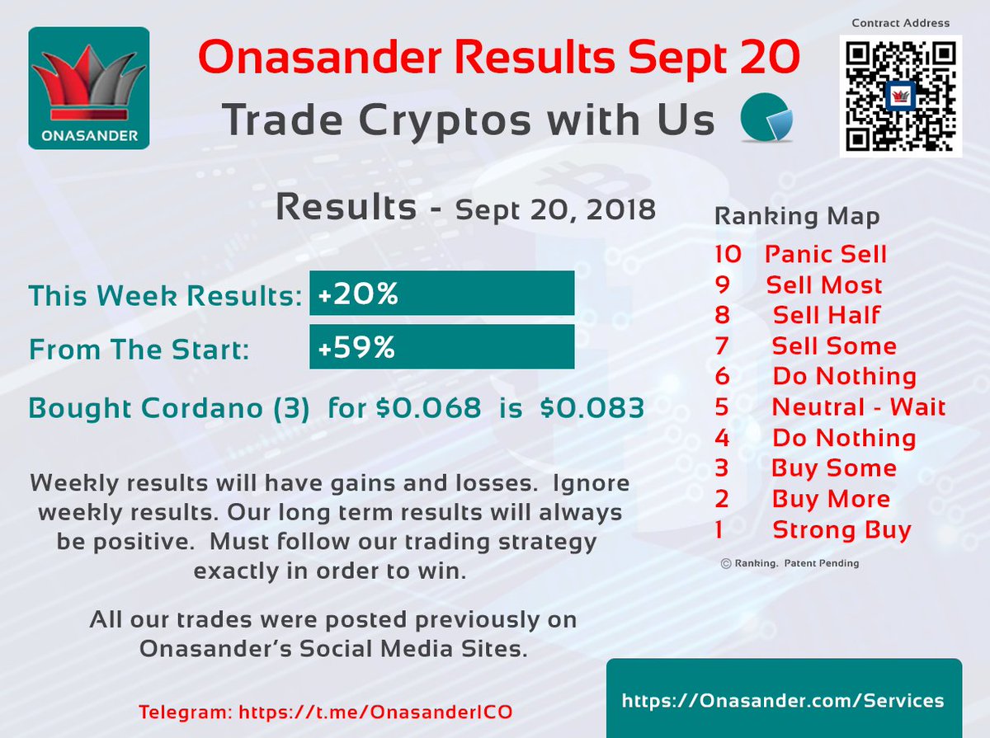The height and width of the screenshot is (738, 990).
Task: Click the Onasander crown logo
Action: click(89, 88)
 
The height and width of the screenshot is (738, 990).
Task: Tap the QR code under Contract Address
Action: click(900, 96)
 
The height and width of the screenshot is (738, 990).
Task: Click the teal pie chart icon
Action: click(766, 120)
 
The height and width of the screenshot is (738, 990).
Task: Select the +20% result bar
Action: click(441, 294)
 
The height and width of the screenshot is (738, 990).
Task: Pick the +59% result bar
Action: click(441, 347)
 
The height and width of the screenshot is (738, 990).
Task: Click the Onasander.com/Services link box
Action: click(783, 700)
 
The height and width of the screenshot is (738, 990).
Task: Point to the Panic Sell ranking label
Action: click(826, 254)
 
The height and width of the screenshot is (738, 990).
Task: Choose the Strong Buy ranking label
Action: click(841, 529)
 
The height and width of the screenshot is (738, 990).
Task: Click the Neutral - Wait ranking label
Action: click(858, 407)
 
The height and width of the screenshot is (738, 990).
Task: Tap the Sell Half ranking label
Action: click(827, 315)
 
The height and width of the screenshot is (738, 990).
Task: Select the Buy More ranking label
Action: click(831, 499)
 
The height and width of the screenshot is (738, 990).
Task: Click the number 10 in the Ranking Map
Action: click(729, 254)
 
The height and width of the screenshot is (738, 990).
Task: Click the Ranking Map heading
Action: click(796, 217)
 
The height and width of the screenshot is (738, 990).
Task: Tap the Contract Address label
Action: click(900, 23)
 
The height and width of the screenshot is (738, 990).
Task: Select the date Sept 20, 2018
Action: click(555, 209)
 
